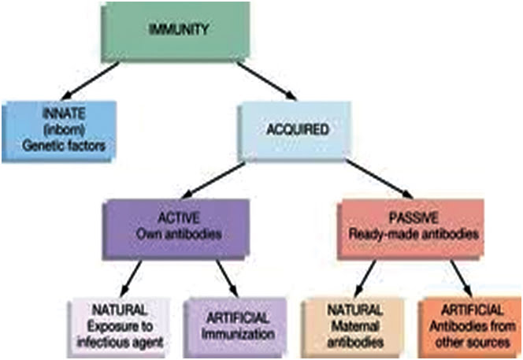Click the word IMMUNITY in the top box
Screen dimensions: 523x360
[179, 29]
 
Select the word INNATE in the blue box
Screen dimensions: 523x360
[64, 114]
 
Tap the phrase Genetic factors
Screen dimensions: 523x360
[64, 146]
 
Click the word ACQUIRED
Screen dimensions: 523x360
[298, 129]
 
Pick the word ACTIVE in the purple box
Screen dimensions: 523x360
[179, 218]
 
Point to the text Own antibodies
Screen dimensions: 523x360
[179, 234]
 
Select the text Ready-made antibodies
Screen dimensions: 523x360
[414, 234]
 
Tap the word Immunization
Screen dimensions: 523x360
[238, 334]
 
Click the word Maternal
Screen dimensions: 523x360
[355, 326]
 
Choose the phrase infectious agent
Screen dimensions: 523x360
[120, 343]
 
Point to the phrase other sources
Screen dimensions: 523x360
[473, 343]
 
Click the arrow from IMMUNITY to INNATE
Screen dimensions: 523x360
[90, 80]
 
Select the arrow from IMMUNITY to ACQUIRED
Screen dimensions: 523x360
[266, 80]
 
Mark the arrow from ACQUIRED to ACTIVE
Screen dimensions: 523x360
[213, 180]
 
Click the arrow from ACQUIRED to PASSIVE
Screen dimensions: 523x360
[379, 179]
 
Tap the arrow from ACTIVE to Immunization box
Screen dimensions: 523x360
[227, 279]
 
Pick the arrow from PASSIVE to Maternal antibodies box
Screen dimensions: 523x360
[365, 279]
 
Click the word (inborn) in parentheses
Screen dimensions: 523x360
[64, 130]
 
